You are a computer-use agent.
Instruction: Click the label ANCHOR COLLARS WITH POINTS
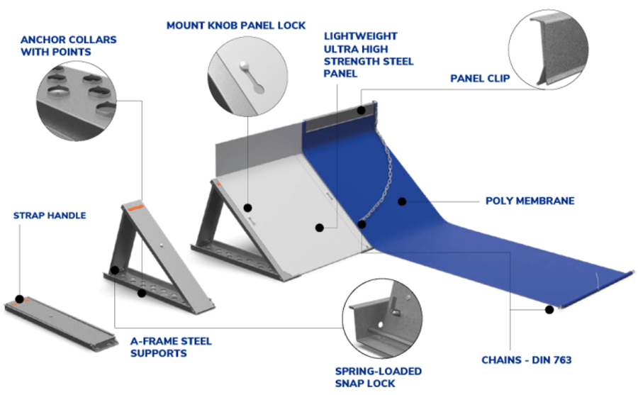[x=68, y=45]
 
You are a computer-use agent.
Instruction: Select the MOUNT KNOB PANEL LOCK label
[x=236, y=26]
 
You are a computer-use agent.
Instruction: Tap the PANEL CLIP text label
[x=480, y=79]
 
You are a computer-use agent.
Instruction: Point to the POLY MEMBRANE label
[x=530, y=201]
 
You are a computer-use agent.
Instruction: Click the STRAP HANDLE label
[x=49, y=216]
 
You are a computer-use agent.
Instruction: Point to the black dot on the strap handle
[x=20, y=299]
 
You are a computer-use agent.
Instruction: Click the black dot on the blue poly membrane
[x=402, y=201]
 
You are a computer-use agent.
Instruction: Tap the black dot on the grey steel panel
[x=320, y=228]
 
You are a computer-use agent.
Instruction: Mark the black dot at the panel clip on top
[x=362, y=110]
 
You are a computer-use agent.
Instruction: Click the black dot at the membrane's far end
[x=549, y=308]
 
